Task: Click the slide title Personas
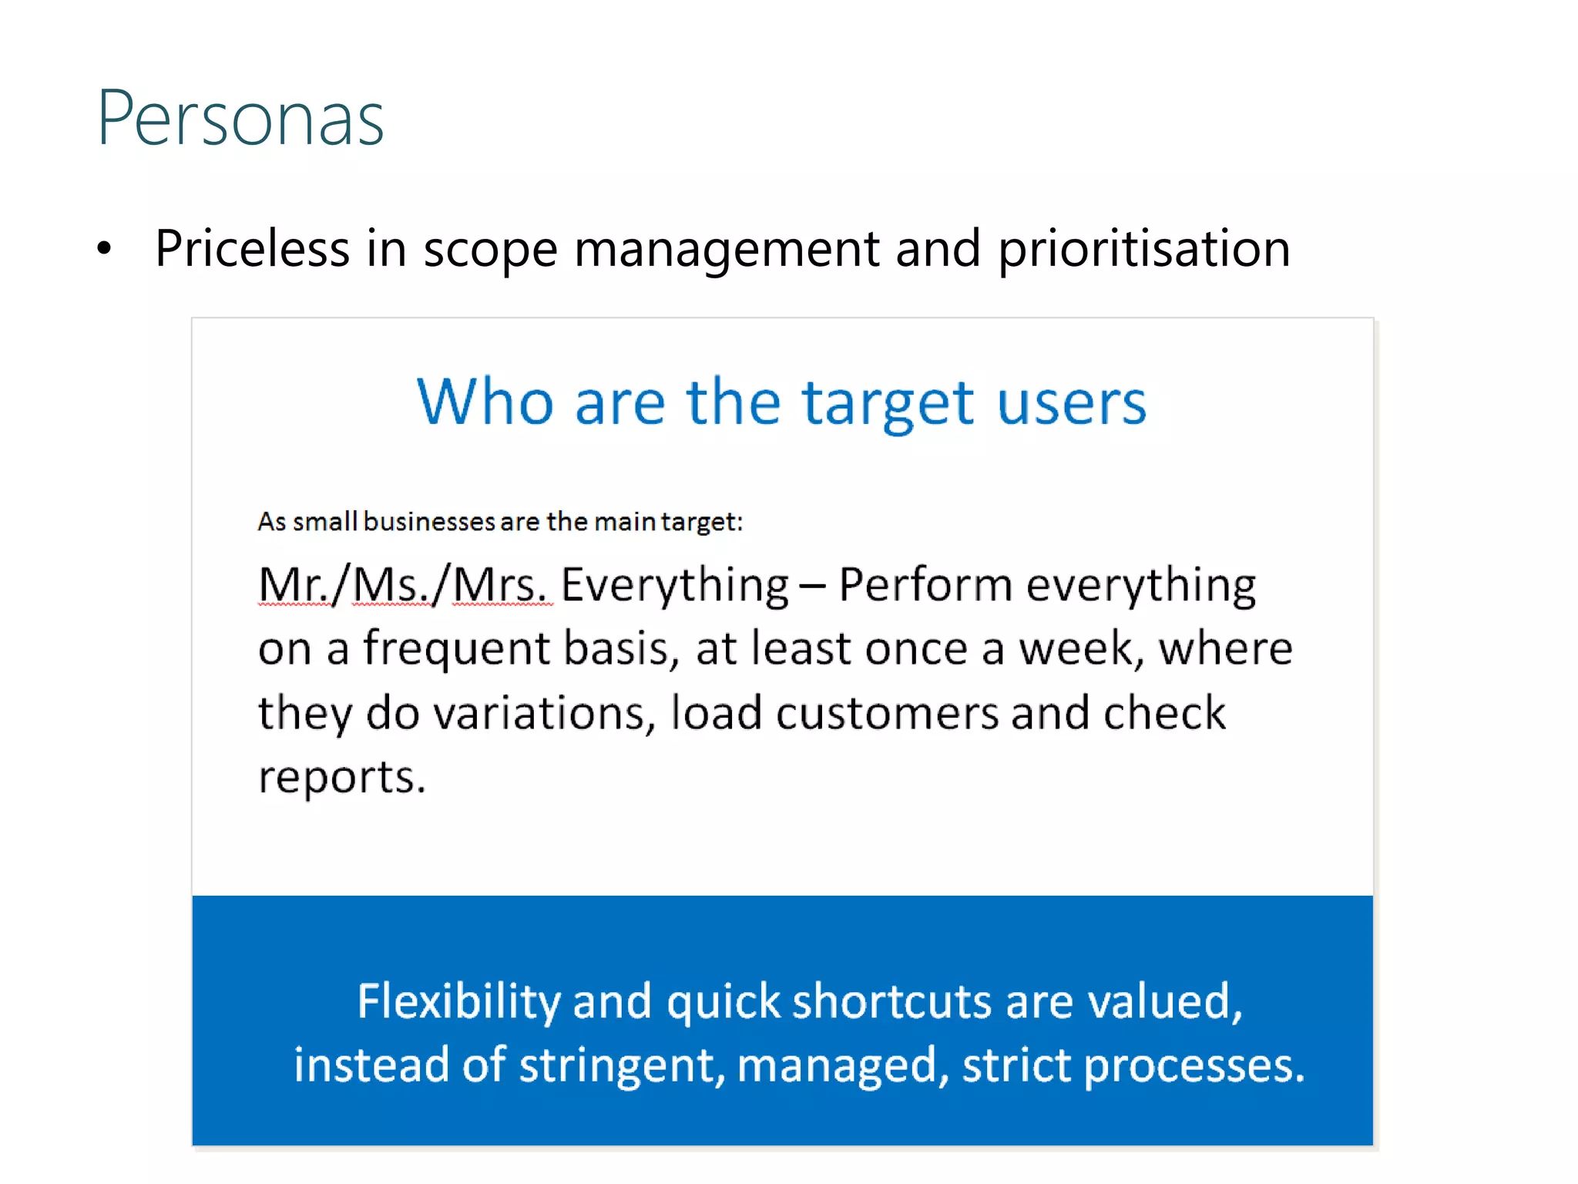[x=240, y=119]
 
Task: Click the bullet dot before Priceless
[x=105, y=249]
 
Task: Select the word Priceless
[x=253, y=249]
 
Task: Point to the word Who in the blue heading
[x=485, y=402]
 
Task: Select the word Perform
[x=925, y=584]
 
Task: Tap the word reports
[x=341, y=778]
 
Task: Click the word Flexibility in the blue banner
[x=459, y=1002]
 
